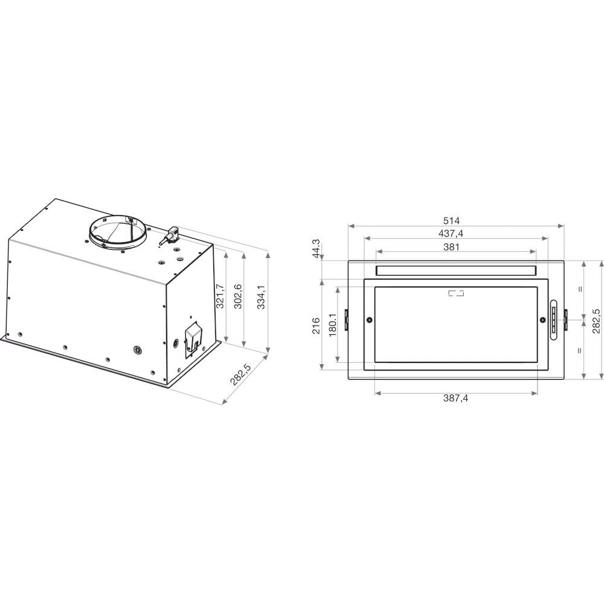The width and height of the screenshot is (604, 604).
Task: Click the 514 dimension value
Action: (451, 220)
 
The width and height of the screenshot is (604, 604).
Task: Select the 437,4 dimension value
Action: (451, 233)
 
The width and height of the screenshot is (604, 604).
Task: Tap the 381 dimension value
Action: (451, 247)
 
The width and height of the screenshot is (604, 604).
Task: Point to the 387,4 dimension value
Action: (455, 398)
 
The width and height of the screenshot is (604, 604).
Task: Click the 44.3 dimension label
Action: (316, 249)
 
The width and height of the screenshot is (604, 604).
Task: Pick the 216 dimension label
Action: (316, 326)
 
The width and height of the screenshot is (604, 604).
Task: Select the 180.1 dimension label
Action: (333, 324)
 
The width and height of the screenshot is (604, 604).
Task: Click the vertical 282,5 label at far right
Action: (596, 321)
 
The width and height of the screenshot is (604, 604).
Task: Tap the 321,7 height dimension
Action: (220, 296)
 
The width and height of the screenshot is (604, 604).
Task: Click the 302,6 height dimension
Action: (238, 296)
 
